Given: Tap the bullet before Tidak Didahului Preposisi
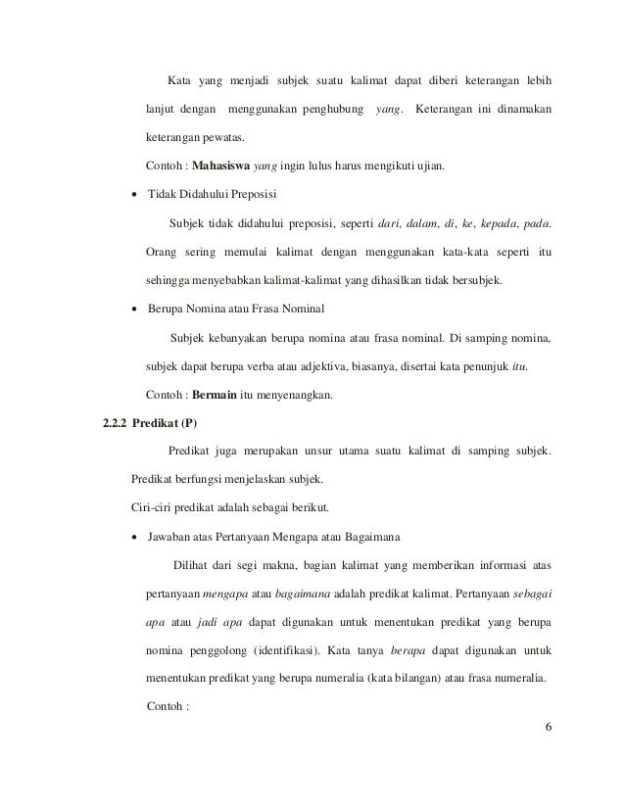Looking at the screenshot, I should pyautogui.click(x=134, y=194).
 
